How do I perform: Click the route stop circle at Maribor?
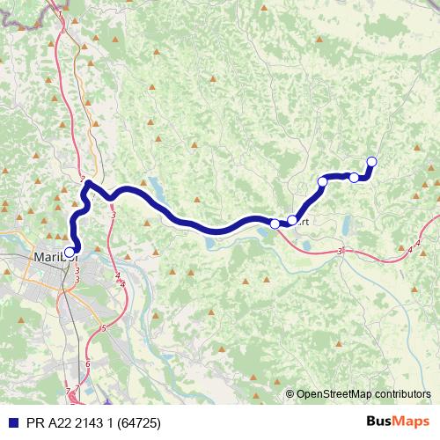pos(70,227)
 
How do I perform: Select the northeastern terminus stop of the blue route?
pos(371,161)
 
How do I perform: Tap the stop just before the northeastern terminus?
pos(354,178)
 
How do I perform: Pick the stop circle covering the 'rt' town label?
pos(292,220)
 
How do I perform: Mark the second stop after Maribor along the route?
pos(292,220)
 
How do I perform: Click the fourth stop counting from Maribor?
pos(354,178)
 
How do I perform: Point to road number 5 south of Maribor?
pos(102,328)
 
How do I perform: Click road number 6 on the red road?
pos(88,363)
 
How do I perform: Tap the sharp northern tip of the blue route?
pos(88,182)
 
